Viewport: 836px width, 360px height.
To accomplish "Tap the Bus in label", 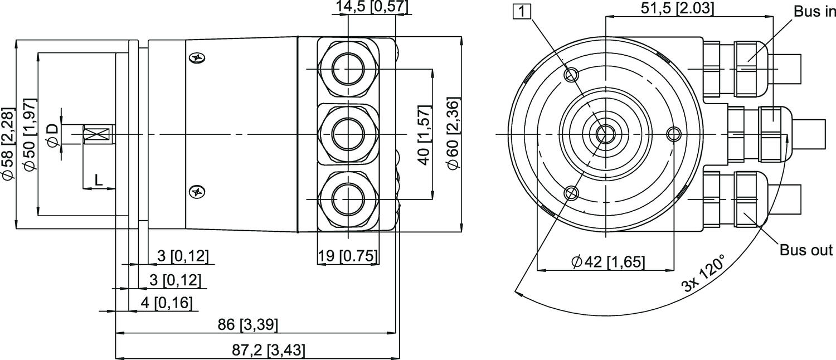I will click(x=814, y=12).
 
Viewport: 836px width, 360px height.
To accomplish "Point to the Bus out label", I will click(x=806, y=250).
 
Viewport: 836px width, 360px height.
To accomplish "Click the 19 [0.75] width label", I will click(x=348, y=256).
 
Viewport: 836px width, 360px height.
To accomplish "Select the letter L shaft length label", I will click(x=98, y=179).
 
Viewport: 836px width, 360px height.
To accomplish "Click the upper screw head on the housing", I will click(x=197, y=57).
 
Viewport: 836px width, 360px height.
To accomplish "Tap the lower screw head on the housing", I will click(x=197, y=192).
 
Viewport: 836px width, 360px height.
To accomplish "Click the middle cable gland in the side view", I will click(x=348, y=134).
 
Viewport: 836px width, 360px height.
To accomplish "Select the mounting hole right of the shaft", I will click(x=674, y=133).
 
